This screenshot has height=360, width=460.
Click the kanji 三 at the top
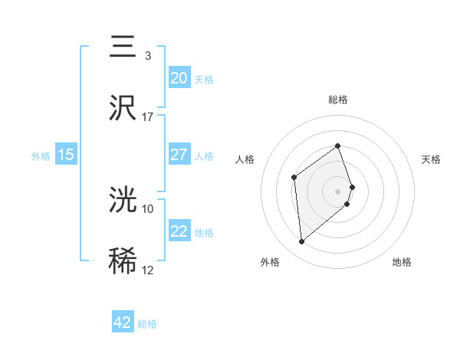point(123,47)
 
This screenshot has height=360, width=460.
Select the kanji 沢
point(123,108)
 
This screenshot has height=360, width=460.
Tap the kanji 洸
point(123,200)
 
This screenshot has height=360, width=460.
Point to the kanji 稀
point(123,260)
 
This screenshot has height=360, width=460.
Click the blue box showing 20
point(179,78)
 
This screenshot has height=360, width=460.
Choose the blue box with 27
point(179,155)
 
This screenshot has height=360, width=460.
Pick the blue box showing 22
point(179,231)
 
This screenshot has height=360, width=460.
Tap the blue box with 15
point(66,155)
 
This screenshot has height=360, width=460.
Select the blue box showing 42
point(123,322)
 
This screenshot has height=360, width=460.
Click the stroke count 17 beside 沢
point(148,117)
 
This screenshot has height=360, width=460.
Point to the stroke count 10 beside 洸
point(148,208)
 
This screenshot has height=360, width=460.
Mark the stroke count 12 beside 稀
point(148,270)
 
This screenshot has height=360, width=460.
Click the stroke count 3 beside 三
point(147,56)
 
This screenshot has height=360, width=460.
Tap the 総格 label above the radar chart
point(338,100)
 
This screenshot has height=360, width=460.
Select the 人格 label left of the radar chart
point(245,159)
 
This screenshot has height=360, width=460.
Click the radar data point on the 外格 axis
point(302,242)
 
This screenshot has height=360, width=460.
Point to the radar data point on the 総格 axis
point(338,146)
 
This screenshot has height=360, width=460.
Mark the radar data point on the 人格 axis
point(294,178)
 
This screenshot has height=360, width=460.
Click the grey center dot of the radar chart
point(338,191)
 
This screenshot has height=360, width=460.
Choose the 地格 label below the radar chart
point(402,262)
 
